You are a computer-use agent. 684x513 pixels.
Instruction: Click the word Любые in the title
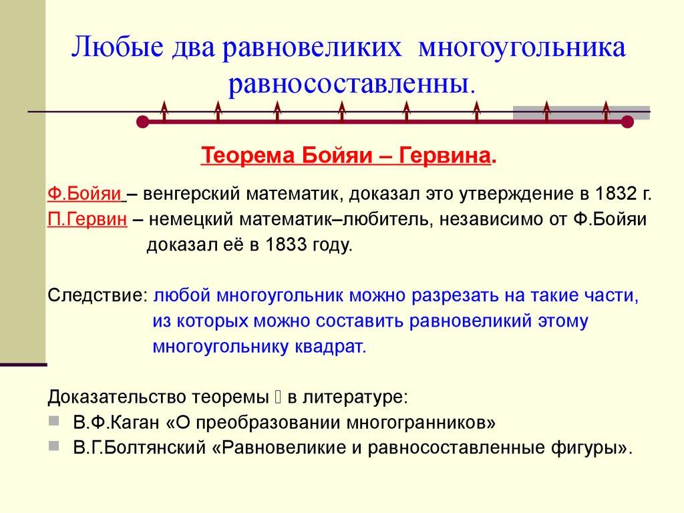click(x=114, y=49)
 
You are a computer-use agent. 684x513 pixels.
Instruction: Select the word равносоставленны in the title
click(x=350, y=84)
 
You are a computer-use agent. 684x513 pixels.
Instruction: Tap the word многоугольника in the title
click(x=522, y=49)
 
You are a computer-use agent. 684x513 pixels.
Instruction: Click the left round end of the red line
click(x=142, y=122)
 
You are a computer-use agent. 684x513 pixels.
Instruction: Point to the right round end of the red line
click(x=627, y=122)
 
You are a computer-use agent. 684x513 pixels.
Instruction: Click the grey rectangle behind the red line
click(x=581, y=112)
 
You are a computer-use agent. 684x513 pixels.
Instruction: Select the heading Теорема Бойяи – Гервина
click(x=347, y=156)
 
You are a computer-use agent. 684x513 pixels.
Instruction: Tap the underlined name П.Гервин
click(x=87, y=220)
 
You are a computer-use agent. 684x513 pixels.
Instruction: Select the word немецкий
click(x=181, y=220)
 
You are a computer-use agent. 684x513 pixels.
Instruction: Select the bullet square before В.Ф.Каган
click(x=54, y=421)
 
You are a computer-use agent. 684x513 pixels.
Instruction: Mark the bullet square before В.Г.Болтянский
click(x=54, y=446)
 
